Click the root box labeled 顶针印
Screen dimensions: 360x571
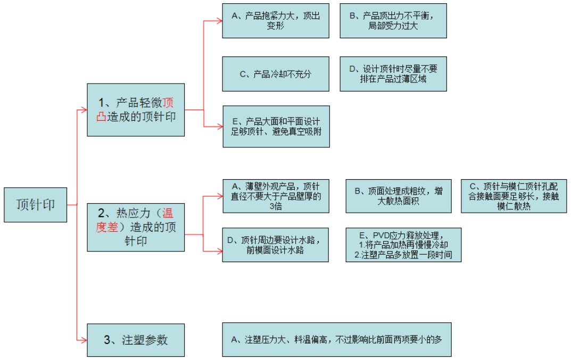coord(36,204)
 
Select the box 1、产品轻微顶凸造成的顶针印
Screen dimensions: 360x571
coord(136,110)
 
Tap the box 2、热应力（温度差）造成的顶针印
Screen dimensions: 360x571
coord(136,227)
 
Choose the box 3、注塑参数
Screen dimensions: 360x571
coord(136,339)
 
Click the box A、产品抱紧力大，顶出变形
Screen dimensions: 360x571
coord(275,21)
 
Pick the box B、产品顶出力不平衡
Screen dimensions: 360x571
coord(393,21)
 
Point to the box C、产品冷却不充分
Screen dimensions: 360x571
coord(275,74)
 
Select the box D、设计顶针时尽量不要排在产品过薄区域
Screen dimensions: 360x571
coord(393,74)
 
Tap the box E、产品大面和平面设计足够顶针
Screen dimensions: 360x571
coord(275,126)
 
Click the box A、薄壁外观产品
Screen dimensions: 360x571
coord(275,196)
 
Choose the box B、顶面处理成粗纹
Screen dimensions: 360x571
coord(398,196)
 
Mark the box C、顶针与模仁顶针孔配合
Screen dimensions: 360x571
coord(514,196)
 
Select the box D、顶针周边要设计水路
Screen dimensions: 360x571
coord(275,245)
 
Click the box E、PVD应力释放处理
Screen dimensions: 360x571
coord(403,245)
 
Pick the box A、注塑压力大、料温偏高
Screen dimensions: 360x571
coord(336,339)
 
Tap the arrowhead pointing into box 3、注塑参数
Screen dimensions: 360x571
coord(84,339)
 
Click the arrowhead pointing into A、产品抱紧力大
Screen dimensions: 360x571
coord(219,21)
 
